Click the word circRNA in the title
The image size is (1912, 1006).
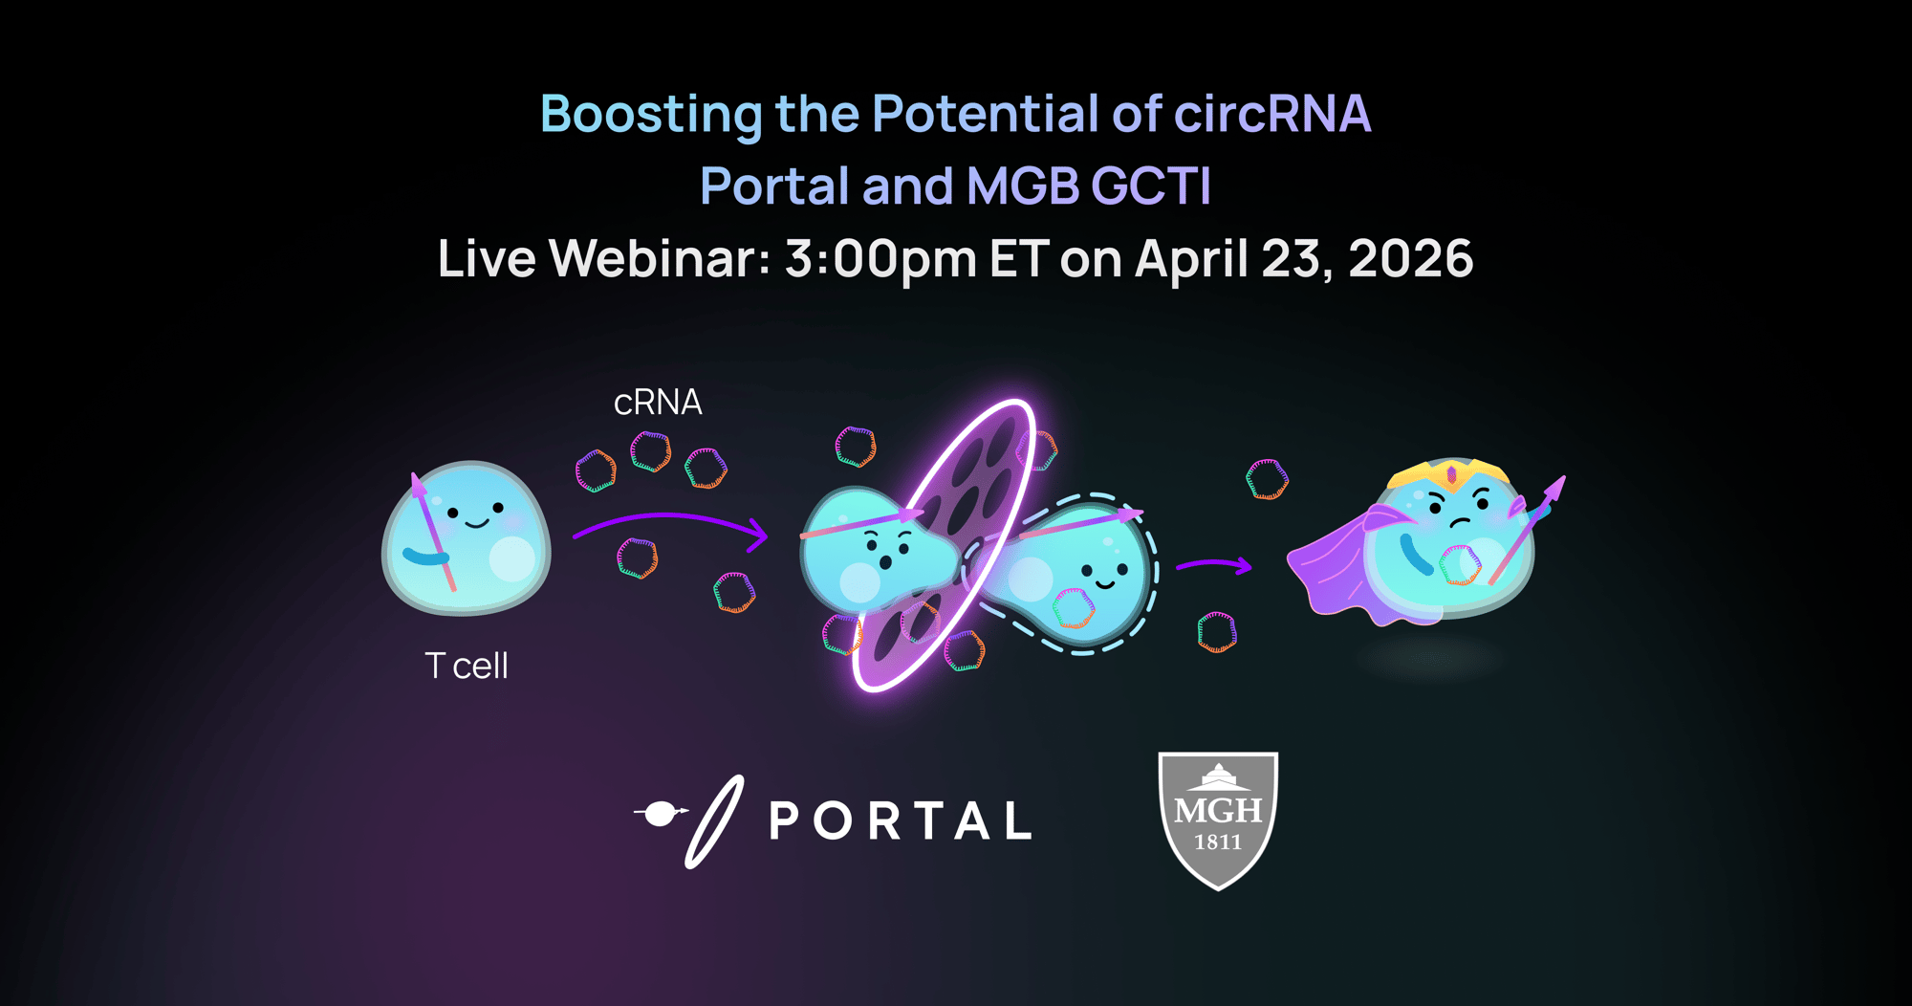pos(1271,114)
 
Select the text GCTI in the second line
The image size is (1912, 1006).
pos(1151,186)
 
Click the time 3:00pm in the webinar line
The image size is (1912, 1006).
pos(880,259)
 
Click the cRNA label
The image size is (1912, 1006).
pos(658,403)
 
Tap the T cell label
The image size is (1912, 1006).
pos(467,666)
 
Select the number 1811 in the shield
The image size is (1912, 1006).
pos(1218,842)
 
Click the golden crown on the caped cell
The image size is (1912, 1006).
pos(1450,473)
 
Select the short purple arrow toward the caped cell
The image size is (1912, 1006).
pos(1214,566)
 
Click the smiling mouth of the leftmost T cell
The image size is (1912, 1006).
pos(476,523)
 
